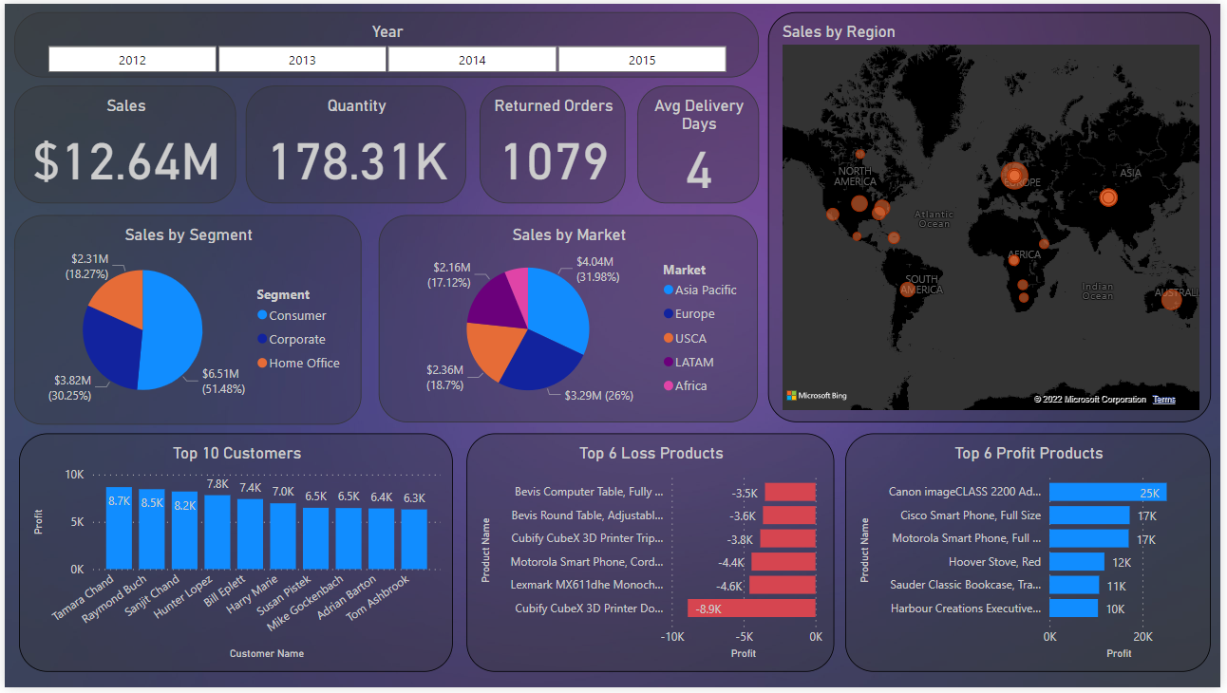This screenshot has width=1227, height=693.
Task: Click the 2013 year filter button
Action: click(302, 60)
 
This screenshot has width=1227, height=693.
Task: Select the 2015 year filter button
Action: click(642, 60)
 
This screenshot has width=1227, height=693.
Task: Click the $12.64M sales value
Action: click(126, 161)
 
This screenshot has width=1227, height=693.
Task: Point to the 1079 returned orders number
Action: click(555, 161)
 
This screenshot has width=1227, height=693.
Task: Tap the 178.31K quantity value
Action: click(358, 161)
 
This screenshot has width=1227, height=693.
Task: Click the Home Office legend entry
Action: click(303, 363)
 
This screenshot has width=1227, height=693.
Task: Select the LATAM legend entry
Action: click(693, 362)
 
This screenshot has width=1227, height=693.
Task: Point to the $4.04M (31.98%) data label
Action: click(595, 269)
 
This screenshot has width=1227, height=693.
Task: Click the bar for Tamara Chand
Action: click(119, 528)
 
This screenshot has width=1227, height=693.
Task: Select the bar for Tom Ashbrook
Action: click(413, 539)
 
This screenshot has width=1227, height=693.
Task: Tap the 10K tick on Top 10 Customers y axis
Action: click(74, 474)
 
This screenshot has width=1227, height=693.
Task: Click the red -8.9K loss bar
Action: click(751, 609)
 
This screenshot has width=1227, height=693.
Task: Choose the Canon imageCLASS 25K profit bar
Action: click(1107, 492)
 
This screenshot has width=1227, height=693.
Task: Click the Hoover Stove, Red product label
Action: click(994, 562)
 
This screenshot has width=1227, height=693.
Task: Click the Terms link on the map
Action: click(1163, 400)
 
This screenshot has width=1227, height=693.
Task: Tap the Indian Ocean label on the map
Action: click(1097, 291)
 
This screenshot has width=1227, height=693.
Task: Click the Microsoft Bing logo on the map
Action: click(816, 396)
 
